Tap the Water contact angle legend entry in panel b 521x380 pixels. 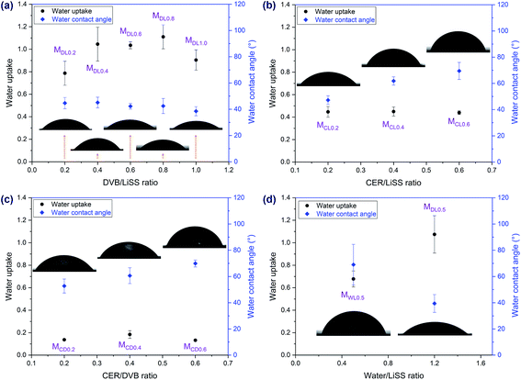[345, 19]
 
